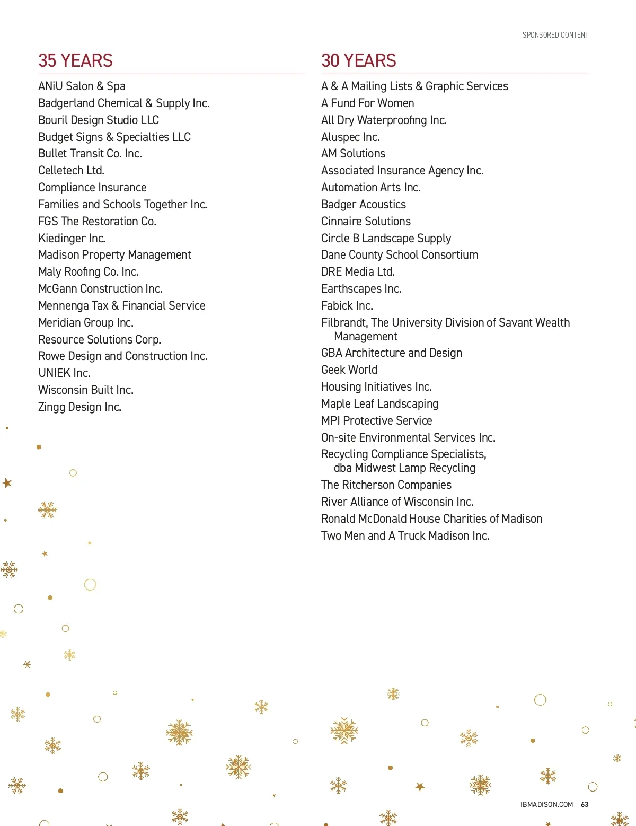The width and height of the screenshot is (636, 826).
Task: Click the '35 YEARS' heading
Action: [75, 61]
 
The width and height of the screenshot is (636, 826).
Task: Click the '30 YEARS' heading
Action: [358, 61]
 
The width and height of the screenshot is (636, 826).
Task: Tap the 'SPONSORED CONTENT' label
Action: [555, 35]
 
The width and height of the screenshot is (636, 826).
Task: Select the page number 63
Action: [585, 804]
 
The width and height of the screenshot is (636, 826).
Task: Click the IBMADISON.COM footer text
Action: [546, 804]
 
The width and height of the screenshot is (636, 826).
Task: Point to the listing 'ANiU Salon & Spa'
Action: [82, 86]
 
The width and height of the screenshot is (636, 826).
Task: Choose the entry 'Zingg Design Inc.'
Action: [79, 407]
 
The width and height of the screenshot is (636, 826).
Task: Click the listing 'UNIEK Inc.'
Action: [64, 373]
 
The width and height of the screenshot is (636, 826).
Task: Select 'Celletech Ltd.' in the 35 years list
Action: [71, 171]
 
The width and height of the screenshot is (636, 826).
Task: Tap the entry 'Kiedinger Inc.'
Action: [72, 239]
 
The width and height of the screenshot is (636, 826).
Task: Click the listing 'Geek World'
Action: [349, 370]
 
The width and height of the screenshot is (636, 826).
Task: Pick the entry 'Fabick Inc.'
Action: [347, 306]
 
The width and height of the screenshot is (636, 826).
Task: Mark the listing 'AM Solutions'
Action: [353, 154]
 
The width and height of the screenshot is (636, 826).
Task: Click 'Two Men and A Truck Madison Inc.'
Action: [405, 536]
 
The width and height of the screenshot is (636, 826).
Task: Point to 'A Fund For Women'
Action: [367, 103]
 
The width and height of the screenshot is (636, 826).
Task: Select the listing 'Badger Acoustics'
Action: [363, 205]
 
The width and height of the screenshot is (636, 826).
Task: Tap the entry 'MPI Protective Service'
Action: [376, 421]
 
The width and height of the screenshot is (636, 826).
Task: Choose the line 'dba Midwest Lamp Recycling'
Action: [404, 468]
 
